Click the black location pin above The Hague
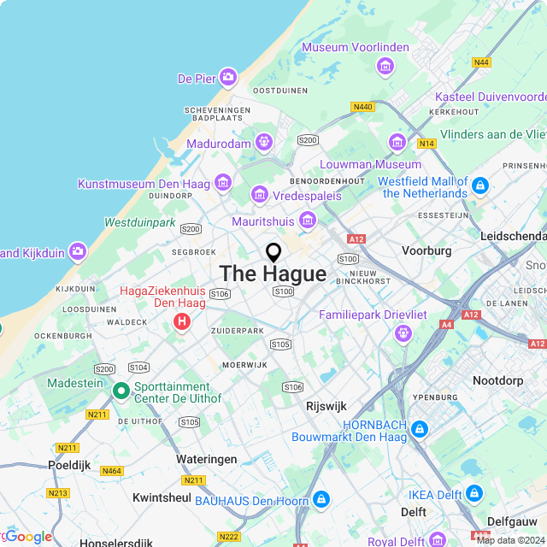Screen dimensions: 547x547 click(x=273, y=253)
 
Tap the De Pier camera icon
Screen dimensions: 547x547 click(x=228, y=79)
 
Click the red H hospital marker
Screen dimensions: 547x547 click(x=181, y=322)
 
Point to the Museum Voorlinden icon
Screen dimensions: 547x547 click(x=385, y=65)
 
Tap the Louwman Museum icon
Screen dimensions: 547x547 click(x=397, y=142)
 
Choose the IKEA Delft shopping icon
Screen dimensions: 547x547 click(x=475, y=493)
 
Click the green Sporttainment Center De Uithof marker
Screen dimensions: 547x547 click(x=121, y=391)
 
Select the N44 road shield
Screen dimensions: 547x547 click(x=482, y=62)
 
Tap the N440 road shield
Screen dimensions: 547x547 click(x=362, y=107)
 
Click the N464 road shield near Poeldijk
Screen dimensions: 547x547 click(x=111, y=471)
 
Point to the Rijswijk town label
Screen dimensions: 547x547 click(x=326, y=406)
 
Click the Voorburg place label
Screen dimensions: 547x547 click(x=426, y=251)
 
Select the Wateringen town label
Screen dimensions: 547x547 click(x=206, y=459)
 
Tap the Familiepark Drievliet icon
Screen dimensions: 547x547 click(x=403, y=333)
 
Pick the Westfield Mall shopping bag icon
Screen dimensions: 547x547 click(x=480, y=185)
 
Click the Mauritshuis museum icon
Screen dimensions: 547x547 click(x=307, y=221)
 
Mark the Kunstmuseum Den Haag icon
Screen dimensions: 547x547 click(x=223, y=182)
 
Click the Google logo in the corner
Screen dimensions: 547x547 click(x=27, y=537)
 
